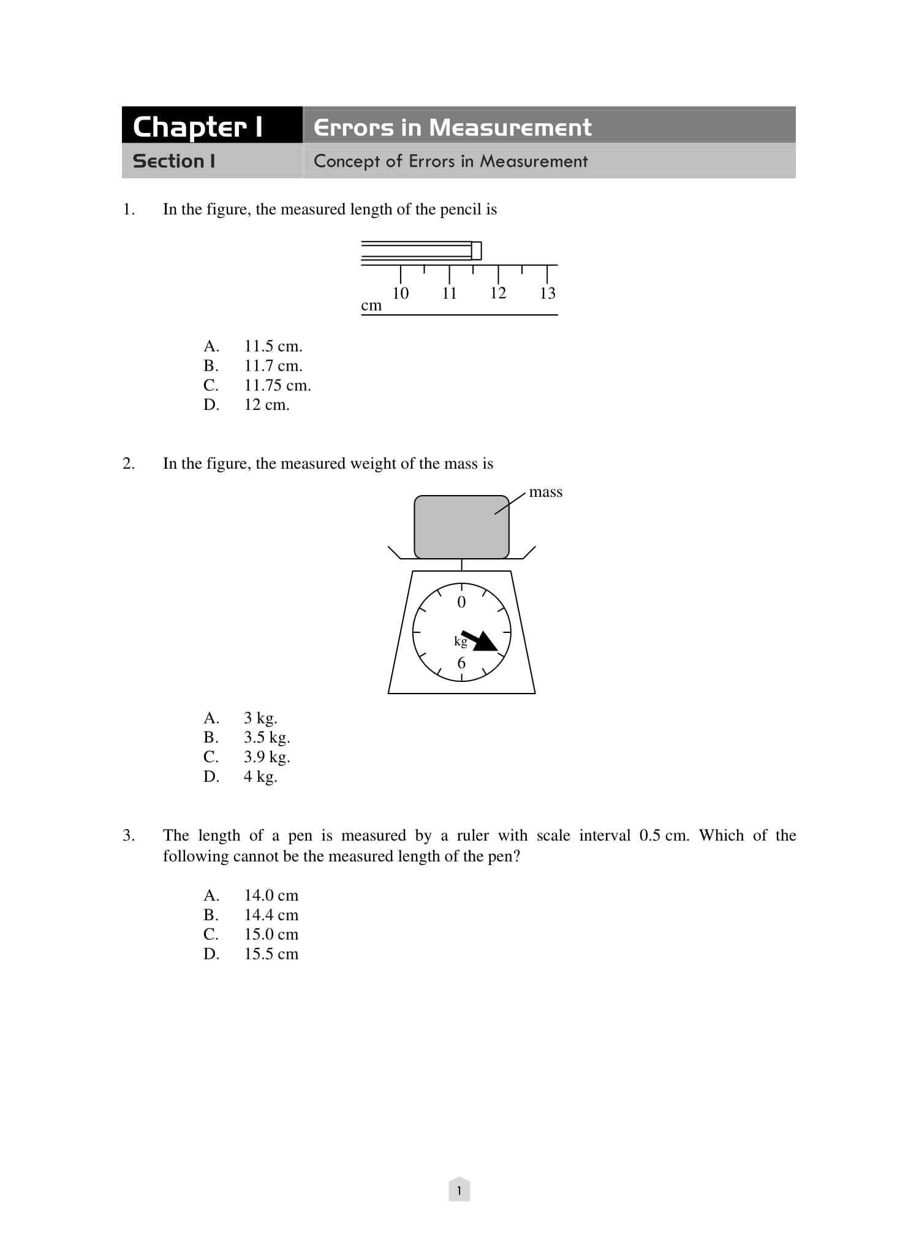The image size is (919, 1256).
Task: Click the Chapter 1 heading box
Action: coord(211,126)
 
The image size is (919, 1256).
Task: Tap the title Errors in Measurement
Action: coord(452,127)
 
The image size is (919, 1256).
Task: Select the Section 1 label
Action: coord(174,161)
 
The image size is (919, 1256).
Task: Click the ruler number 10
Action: coord(400,293)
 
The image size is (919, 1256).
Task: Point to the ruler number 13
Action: coord(547,293)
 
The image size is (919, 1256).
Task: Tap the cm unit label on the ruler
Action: coord(371,305)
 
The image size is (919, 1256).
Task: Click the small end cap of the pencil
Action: coord(476,251)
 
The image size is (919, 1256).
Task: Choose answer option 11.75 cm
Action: coord(277,385)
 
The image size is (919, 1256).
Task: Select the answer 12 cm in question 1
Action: coord(267,405)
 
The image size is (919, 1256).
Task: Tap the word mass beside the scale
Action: coord(545,492)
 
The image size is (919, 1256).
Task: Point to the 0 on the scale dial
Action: coord(461,602)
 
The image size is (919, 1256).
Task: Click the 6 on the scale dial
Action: coord(461,663)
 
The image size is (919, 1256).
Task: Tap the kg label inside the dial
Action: coord(460,641)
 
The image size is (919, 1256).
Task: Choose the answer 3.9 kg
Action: coord(267,757)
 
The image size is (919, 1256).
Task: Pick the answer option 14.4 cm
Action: coord(271,915)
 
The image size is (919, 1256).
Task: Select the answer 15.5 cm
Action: coord(271,954)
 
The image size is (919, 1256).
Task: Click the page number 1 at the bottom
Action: coord(459,1191)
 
